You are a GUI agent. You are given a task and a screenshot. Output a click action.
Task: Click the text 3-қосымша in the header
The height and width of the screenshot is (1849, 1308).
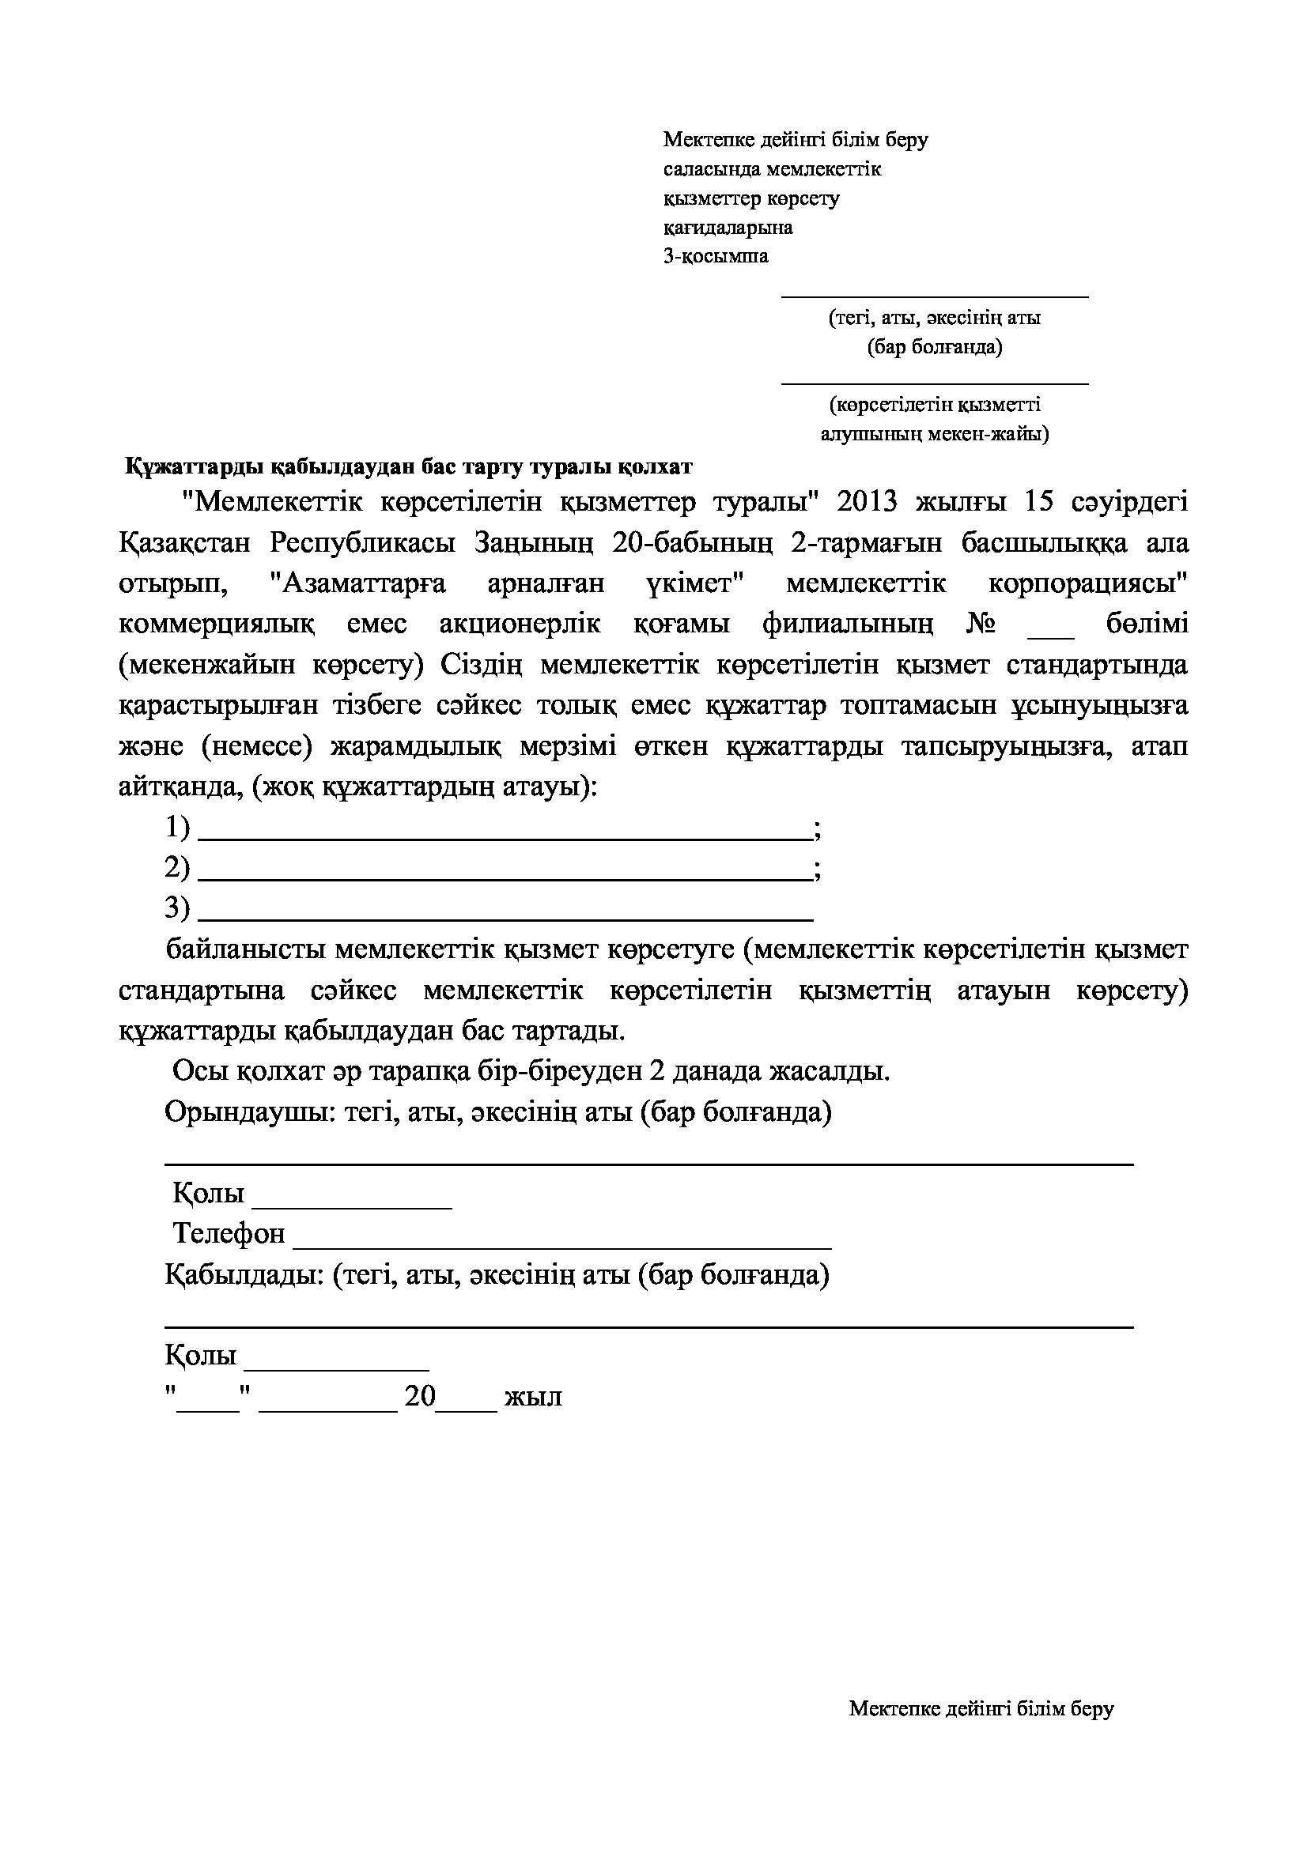[x=715, y=257]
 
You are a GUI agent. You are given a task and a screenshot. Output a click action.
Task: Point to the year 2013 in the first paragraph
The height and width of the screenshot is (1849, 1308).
[x=867, y=503]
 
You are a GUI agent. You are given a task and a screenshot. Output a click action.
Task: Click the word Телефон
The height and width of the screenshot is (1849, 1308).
[x=229, y=1234]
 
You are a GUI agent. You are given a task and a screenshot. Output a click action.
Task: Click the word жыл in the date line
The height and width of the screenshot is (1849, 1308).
[x=532, y=1397]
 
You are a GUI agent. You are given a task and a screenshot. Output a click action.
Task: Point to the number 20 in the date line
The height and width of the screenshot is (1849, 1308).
[x=420, y=1395]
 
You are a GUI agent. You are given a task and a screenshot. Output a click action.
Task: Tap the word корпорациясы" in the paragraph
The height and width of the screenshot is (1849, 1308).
[x=1087, y=584]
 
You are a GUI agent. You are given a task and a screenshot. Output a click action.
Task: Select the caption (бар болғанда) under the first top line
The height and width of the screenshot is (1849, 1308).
[x=934, y=348]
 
